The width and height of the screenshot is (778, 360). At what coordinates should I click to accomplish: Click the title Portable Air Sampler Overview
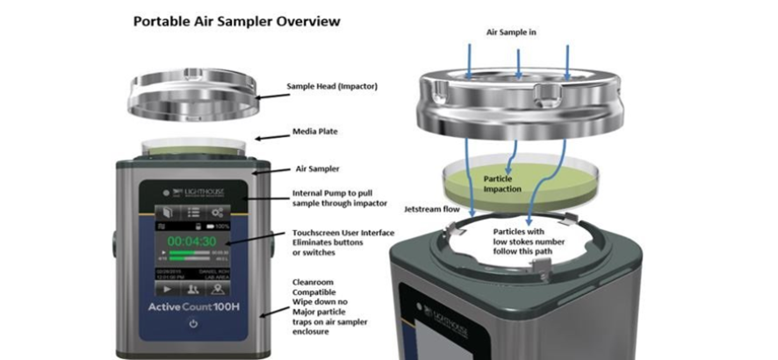pos(236,19)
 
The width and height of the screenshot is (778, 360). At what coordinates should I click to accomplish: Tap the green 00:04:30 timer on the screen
pos(194,240)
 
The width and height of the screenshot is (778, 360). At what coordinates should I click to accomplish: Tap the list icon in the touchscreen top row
pos(193,212)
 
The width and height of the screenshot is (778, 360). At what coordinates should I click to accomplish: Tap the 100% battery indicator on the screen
pos(222,227)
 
